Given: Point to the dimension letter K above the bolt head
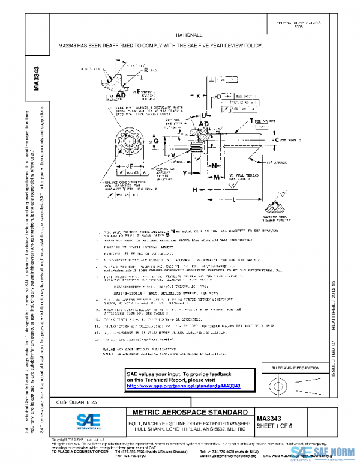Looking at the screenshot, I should pyautogui.click(x=198, y=96).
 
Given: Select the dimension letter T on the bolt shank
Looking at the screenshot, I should pyautogui.click(x=251, y=121).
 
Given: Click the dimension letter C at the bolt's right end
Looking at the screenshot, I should pyautogui.click(x=277, y=139).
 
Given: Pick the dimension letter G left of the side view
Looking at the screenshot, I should pyautogui.click(x=156, y=141).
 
